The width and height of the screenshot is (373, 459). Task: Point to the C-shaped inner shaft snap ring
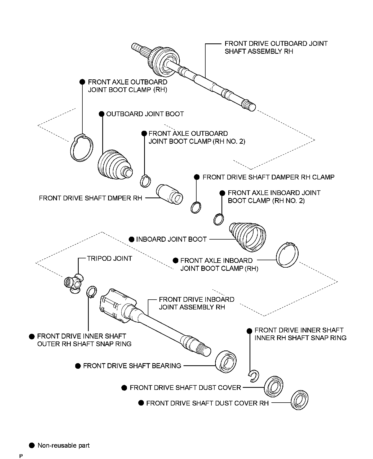click(x=254, y=376)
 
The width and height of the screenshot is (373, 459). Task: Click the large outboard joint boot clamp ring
click(x=82, y=148)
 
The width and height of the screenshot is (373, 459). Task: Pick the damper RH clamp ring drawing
click(x=196, y=207)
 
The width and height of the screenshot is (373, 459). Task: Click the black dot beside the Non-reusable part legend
click(x=32, y=445)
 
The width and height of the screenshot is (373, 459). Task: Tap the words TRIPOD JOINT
click(x=110, y=259)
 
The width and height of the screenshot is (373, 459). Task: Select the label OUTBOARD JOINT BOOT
click(x=145, y=114)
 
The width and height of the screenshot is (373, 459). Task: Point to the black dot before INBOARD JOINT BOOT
click(x=132, y=240)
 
